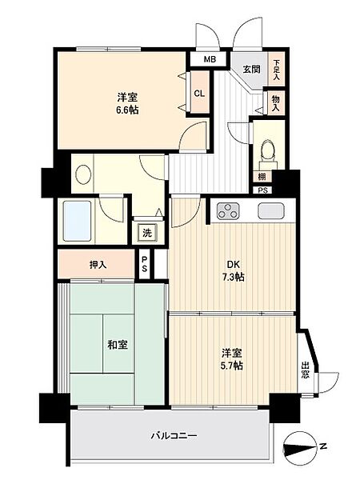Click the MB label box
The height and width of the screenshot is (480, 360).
209,59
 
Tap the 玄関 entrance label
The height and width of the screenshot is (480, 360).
251,69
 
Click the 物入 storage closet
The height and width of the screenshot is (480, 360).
276,102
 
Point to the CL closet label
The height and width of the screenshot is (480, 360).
198,90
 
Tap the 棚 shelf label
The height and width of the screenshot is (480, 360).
262,177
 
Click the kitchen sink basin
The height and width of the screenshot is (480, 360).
270,212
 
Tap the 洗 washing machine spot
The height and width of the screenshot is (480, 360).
146,233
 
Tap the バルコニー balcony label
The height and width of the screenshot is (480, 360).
174,436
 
